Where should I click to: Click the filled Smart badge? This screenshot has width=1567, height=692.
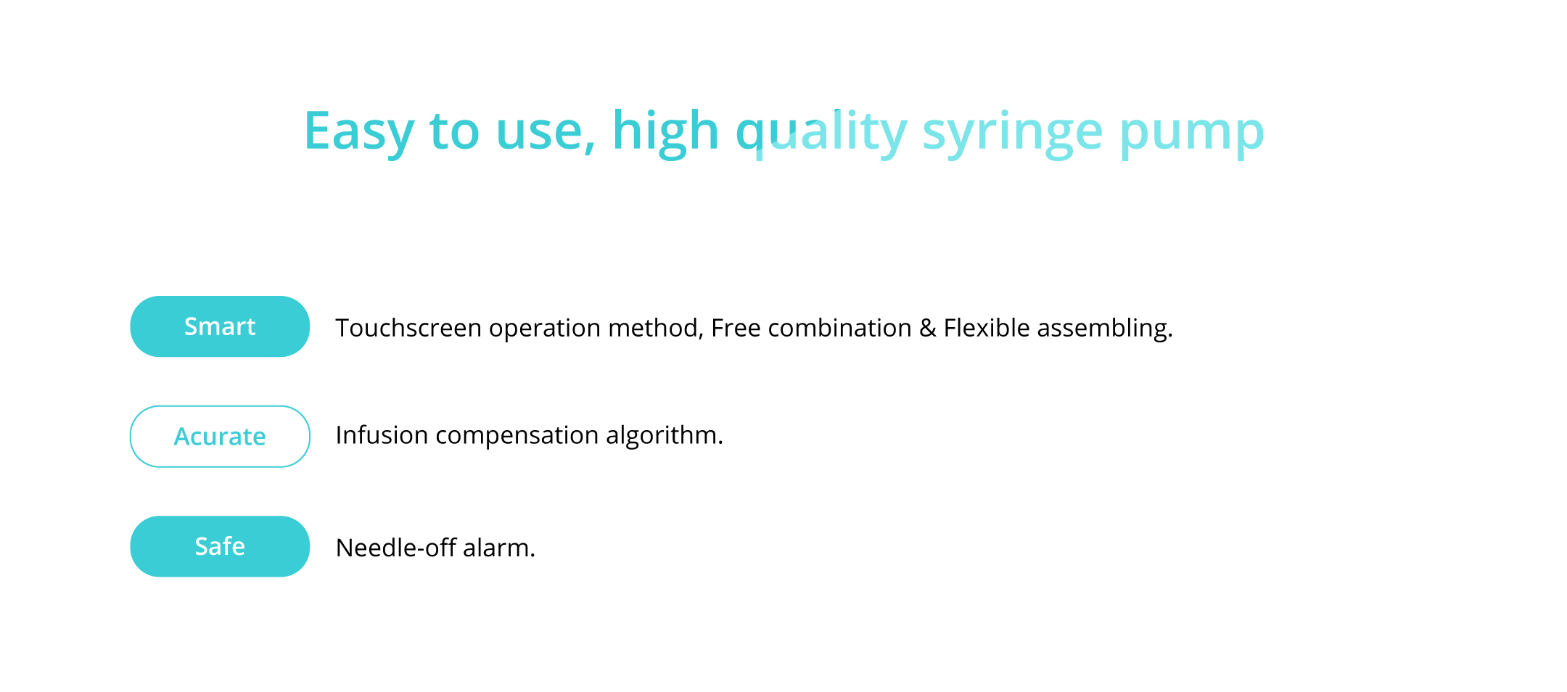tap(220, 326)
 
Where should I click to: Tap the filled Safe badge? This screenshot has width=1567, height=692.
tap(220, 546)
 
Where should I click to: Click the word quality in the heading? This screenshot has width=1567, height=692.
tap(821, 133)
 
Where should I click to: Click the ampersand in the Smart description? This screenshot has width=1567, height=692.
tap(928, 328)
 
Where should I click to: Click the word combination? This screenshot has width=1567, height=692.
tap(839, 328)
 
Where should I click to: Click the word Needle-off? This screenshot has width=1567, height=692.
tap(396, 548)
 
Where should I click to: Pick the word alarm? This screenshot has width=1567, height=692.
tap(499, 548)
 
